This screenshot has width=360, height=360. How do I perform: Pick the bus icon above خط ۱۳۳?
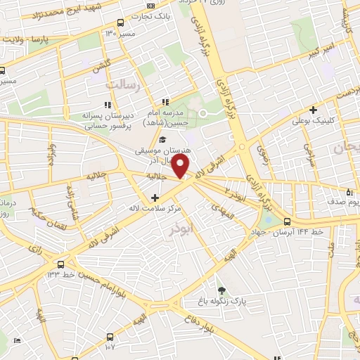[x=61, y=264]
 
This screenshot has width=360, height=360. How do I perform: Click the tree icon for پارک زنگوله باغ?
[x=222, y=290]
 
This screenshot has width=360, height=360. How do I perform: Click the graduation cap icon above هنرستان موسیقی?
[x=163, y=140]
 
